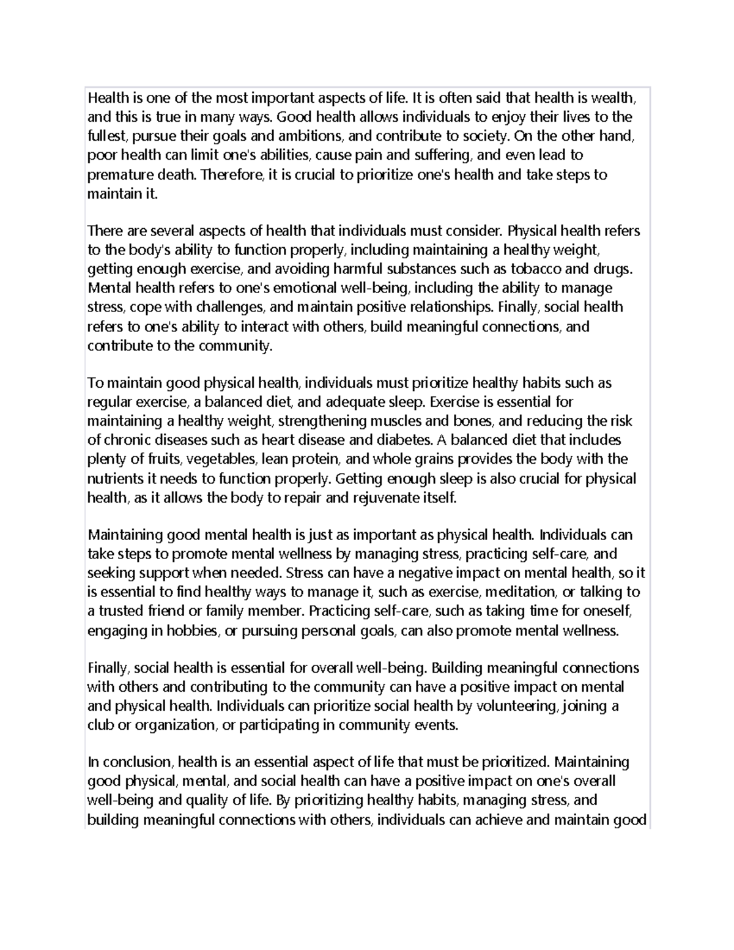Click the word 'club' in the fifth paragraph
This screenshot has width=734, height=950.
coord(100,725)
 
